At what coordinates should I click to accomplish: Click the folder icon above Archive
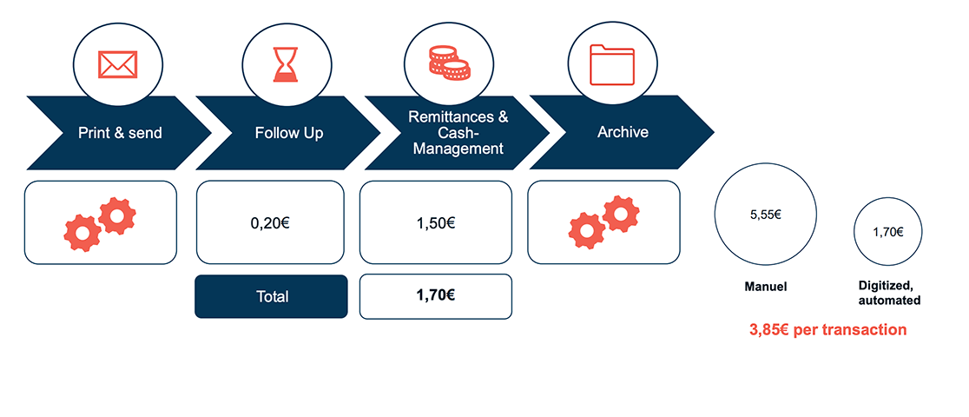tap(612, 63)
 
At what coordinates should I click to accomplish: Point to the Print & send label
tap(120, 133)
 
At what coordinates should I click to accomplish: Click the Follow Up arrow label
tap(289, 133)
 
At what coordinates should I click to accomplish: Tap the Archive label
tap(623, 132)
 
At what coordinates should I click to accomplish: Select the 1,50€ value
tap(435, 223)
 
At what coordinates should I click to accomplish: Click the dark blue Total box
tap(271, 296)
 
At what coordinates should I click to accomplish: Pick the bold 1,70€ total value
tap(435, 295)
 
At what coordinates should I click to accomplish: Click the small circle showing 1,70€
tap(887, 232)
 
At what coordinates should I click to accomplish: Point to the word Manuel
tap(765, 286)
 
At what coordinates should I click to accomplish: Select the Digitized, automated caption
tap(888, 293)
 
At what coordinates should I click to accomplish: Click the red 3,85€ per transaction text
tap(827, 330)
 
